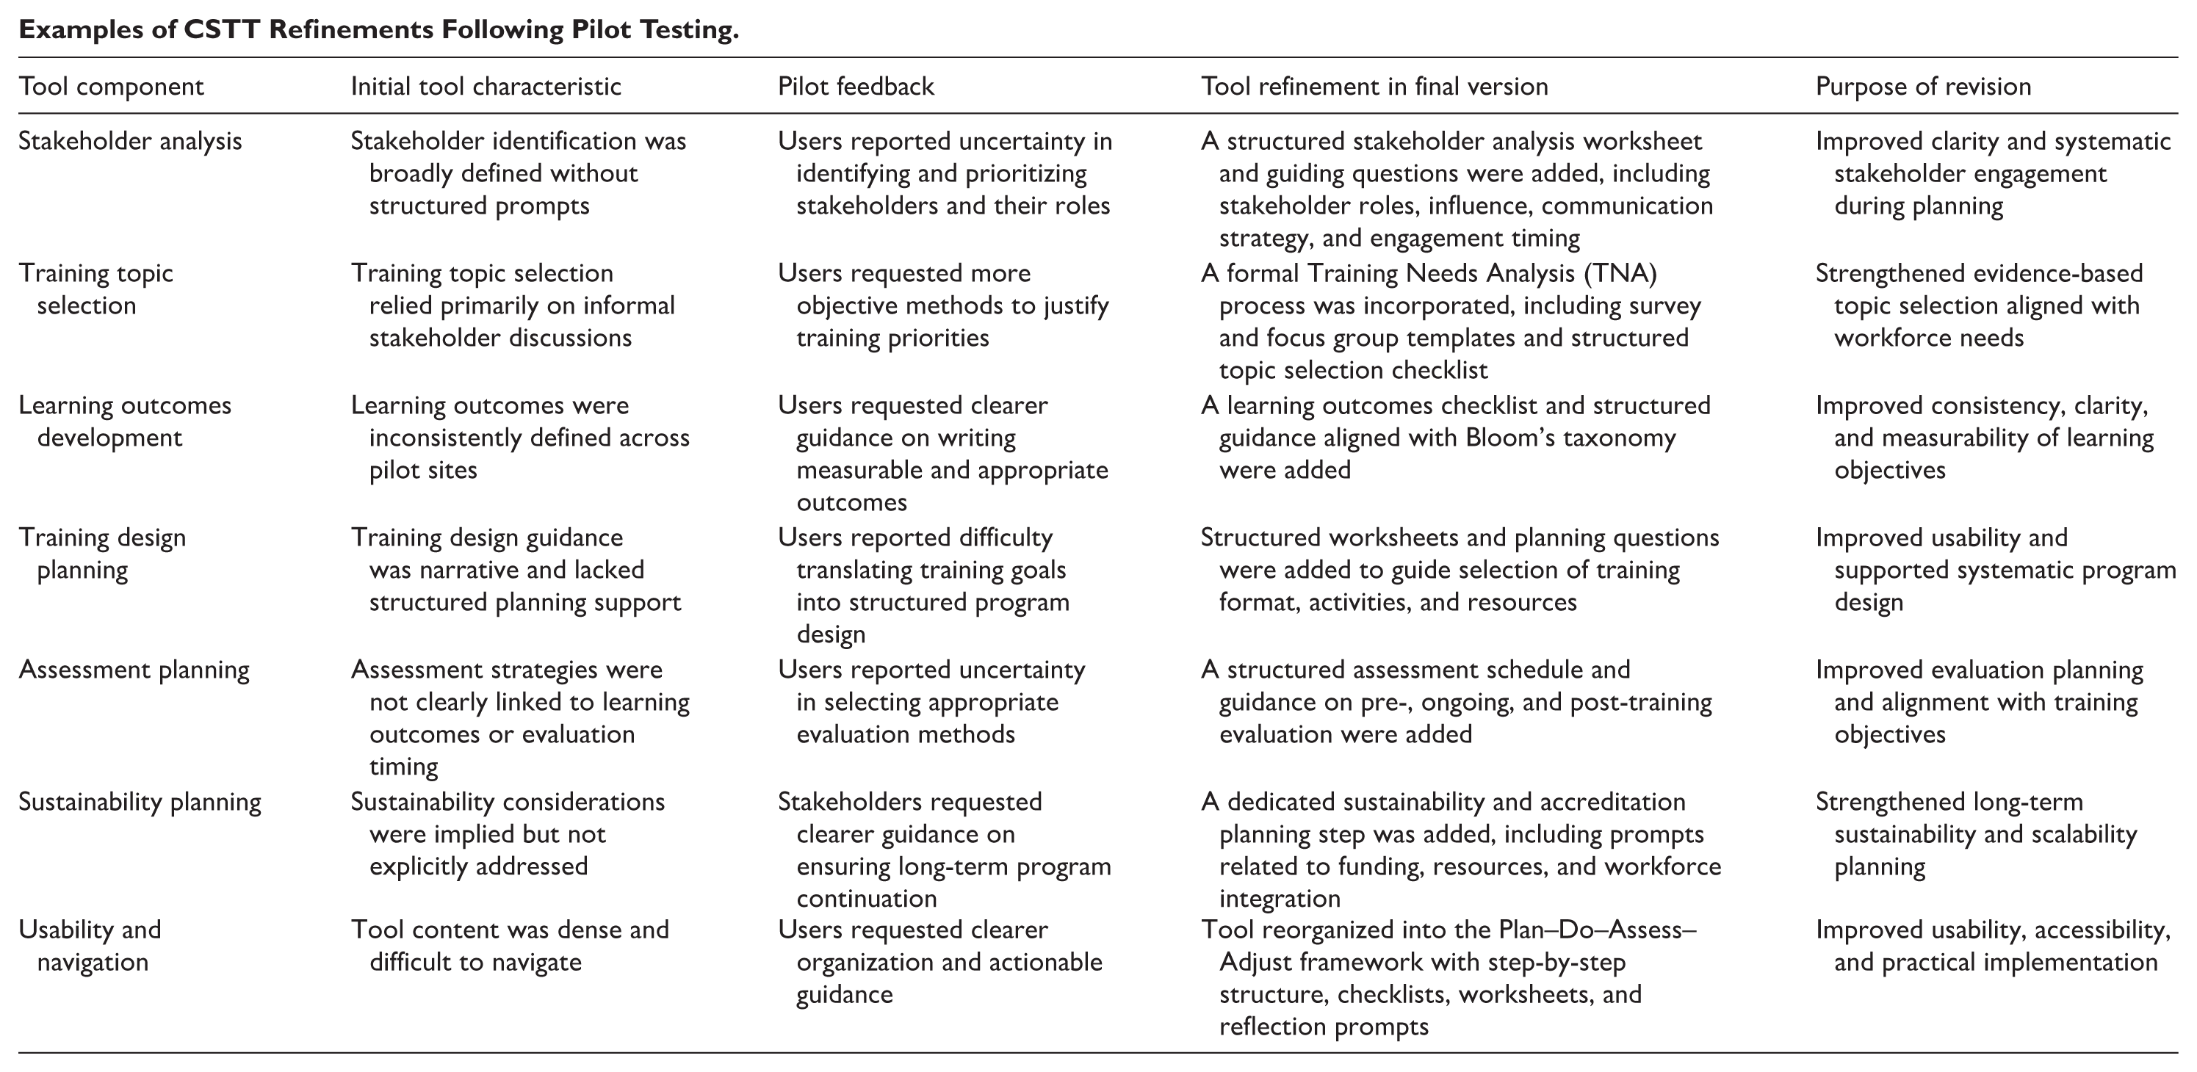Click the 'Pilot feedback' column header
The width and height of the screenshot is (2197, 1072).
coord(856,86)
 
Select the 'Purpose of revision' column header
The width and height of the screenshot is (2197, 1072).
coord(1923,86)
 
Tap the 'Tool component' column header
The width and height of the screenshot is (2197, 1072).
coord(112,86)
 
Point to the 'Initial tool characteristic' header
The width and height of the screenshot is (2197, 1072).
coord(486,86)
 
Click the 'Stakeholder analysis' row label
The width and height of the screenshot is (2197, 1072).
coord(131,141)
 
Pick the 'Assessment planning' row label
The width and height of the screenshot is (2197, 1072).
coord(134,670)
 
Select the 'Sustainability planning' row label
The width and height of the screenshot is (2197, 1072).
coord(140,802)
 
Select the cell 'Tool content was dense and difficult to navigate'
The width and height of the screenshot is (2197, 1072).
coord(510,945)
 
